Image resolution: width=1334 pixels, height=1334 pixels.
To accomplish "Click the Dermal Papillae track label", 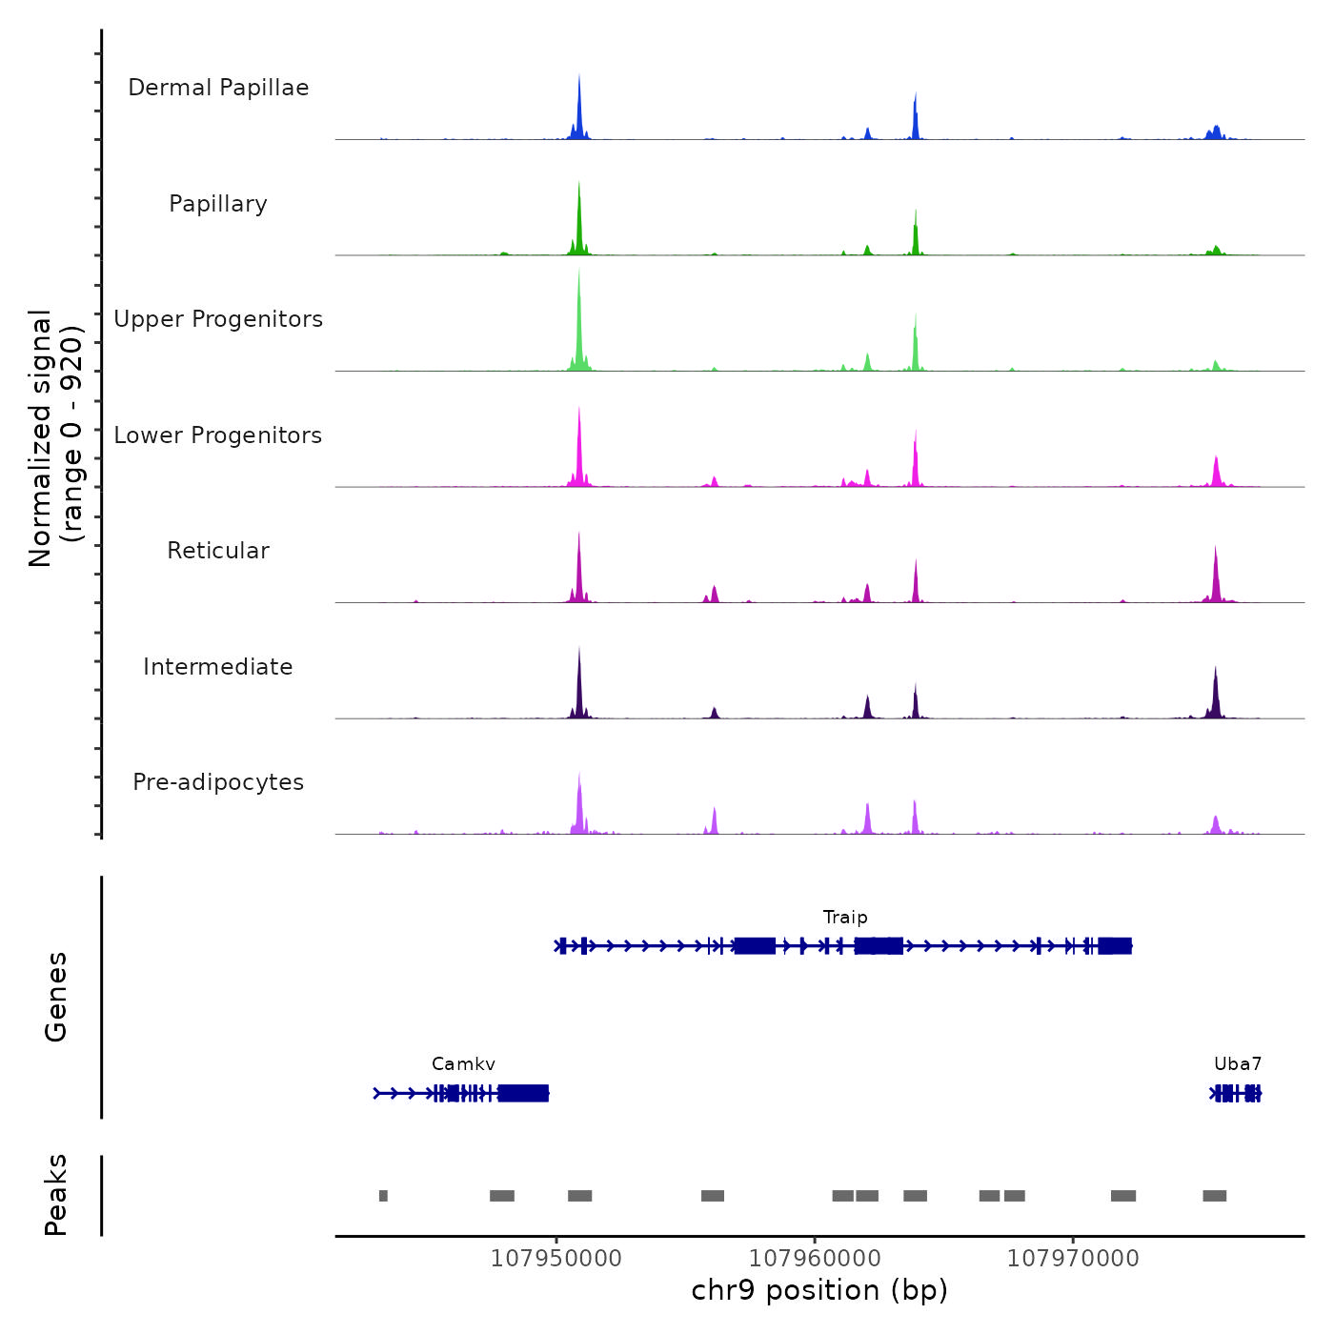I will pos(218,88).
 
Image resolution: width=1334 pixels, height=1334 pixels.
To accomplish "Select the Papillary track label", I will pos(218,204).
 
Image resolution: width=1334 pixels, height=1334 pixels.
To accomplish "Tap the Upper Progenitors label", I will pos(218,319).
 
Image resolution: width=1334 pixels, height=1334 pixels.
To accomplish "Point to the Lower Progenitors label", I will pos(218,435).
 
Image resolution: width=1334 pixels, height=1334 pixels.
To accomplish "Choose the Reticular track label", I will pos(218,551).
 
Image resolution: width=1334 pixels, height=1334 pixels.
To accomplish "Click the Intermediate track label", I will pos(218,667).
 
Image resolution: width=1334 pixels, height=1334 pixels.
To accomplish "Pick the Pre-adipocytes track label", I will pos(218,782).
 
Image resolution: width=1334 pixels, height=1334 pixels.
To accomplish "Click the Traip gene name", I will pos(845,918).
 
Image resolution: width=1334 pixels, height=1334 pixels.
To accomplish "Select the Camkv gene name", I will pos(463,1064).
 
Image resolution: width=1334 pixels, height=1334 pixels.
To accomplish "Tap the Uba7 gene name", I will pos(1238,1064).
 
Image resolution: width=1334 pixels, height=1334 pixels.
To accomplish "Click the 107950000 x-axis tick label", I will pos(556,1259).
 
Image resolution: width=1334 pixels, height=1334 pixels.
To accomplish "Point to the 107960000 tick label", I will pos(815,1259).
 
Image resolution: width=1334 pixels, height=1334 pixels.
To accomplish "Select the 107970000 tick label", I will pos(1073,1259).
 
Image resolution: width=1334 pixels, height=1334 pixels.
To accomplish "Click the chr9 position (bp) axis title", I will pos(819,1291).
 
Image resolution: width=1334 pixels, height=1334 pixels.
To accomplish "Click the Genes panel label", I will pos(56,997).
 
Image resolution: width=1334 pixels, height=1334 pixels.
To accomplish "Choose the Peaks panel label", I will pos(56,1195).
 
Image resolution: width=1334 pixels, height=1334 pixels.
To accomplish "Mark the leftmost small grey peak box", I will pos(383,1196).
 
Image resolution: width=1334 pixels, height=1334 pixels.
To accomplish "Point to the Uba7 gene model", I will pos(1237,1094).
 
